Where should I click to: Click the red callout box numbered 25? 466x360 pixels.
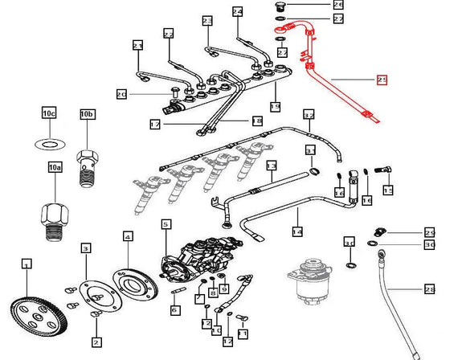pos(382,80)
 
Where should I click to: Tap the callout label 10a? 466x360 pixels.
pos(54,168)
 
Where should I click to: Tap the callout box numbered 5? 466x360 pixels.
pos(166,225)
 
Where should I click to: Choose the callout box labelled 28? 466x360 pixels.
pos(430,288)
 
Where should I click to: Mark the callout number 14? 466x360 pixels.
pos(297,231)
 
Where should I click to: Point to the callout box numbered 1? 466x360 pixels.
pos(27,264)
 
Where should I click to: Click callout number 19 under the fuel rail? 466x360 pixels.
pos(276,106)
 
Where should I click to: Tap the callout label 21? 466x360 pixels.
pos(137,45)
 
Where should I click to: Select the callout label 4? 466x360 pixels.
pos(128,236)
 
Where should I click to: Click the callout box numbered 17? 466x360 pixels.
pos(155,124)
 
